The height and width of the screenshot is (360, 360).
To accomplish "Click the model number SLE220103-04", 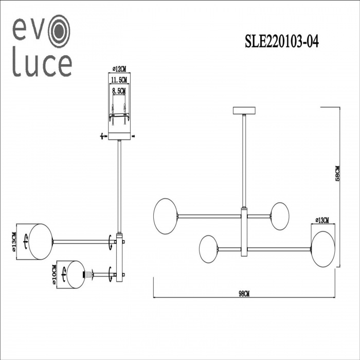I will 282,42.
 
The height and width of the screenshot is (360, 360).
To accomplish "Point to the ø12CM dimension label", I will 119,68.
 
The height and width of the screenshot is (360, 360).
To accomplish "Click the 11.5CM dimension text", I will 119,80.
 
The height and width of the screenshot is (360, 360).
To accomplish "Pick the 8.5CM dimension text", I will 119,91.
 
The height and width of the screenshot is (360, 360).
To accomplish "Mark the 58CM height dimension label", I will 337,173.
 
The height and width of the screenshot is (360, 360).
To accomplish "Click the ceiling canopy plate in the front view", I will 244,111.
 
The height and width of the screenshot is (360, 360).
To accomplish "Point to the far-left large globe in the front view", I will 165,215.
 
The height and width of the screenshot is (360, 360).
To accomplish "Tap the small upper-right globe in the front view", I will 280,216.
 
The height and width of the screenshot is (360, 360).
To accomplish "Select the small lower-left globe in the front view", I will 209,249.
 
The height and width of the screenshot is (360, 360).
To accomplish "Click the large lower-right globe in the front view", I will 322,249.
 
